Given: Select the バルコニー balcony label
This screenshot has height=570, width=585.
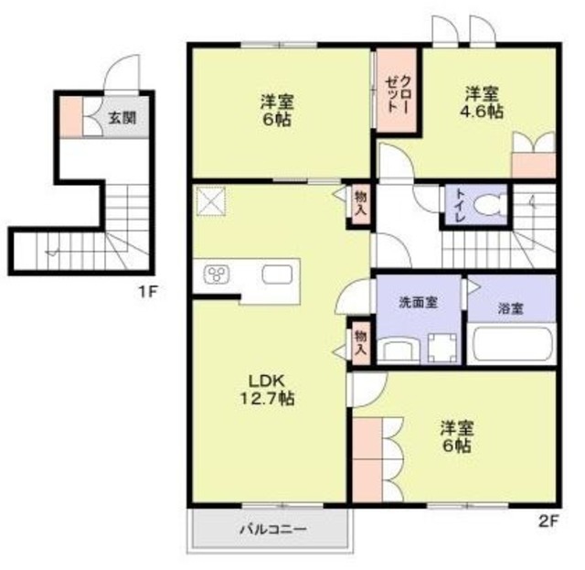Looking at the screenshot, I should click(270, 529).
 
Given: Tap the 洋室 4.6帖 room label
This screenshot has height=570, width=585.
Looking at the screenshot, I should click(483, 102).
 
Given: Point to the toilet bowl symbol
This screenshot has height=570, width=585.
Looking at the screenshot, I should click(492, 206).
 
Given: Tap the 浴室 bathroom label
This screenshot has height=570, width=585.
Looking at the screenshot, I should click(510, 308).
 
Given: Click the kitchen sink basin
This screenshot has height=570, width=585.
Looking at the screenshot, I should click(276, 274).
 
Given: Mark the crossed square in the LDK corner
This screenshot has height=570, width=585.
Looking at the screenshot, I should click(213, 200).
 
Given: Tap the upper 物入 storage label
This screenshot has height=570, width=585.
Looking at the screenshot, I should click(360, 202).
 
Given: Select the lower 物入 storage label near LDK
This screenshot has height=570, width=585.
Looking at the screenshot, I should click(360, 342).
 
